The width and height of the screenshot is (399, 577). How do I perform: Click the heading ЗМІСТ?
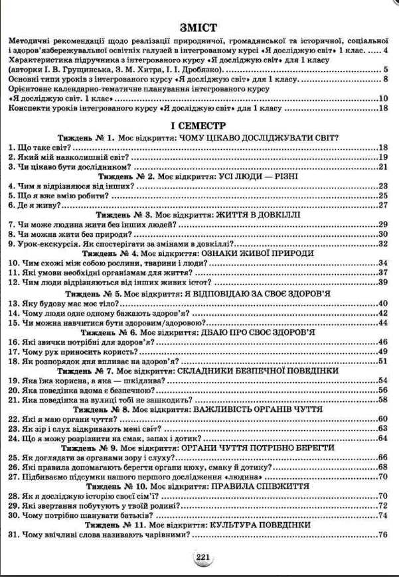point(199,27)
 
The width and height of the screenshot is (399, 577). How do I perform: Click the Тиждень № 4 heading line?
point(199,253)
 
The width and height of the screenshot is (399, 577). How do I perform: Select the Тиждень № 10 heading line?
point(199,486)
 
